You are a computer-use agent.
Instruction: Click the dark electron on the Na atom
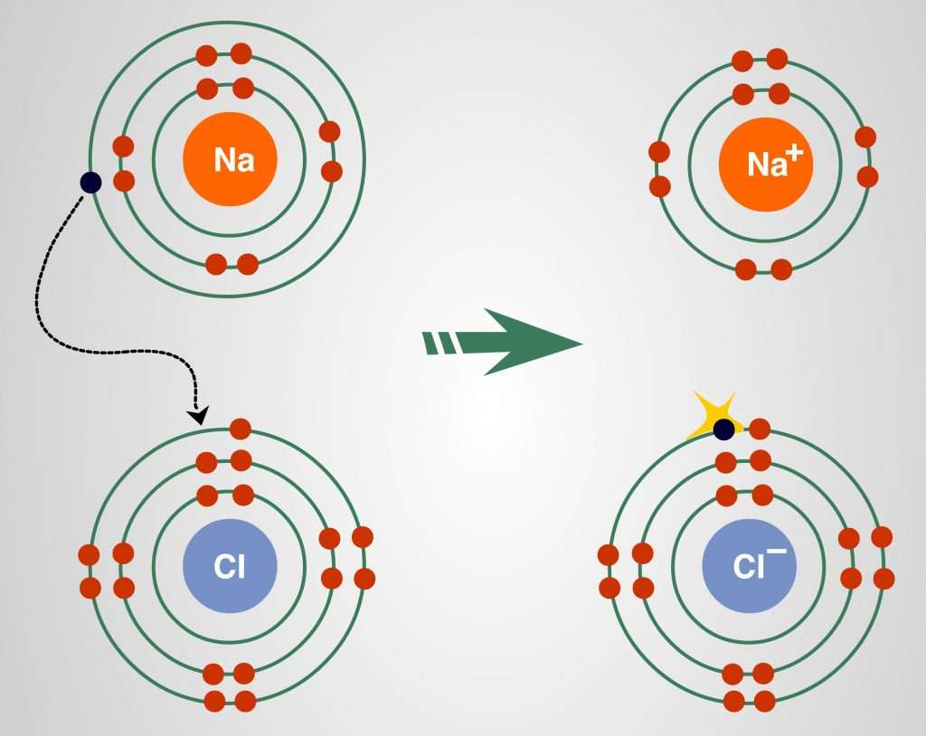[x=90, y=183]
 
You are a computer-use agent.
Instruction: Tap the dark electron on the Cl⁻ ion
[x=723, y=429]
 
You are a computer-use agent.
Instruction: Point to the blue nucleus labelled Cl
[x=230, y=568]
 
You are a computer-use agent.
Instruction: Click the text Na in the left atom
[x=233, y=161]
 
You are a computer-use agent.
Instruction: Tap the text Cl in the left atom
[x=230, y=569]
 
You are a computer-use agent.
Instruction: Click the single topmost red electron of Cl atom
[x=240, y=429]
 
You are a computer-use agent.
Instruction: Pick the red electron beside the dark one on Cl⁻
[x=760, y=429]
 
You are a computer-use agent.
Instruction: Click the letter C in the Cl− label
[x=742, y=568]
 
